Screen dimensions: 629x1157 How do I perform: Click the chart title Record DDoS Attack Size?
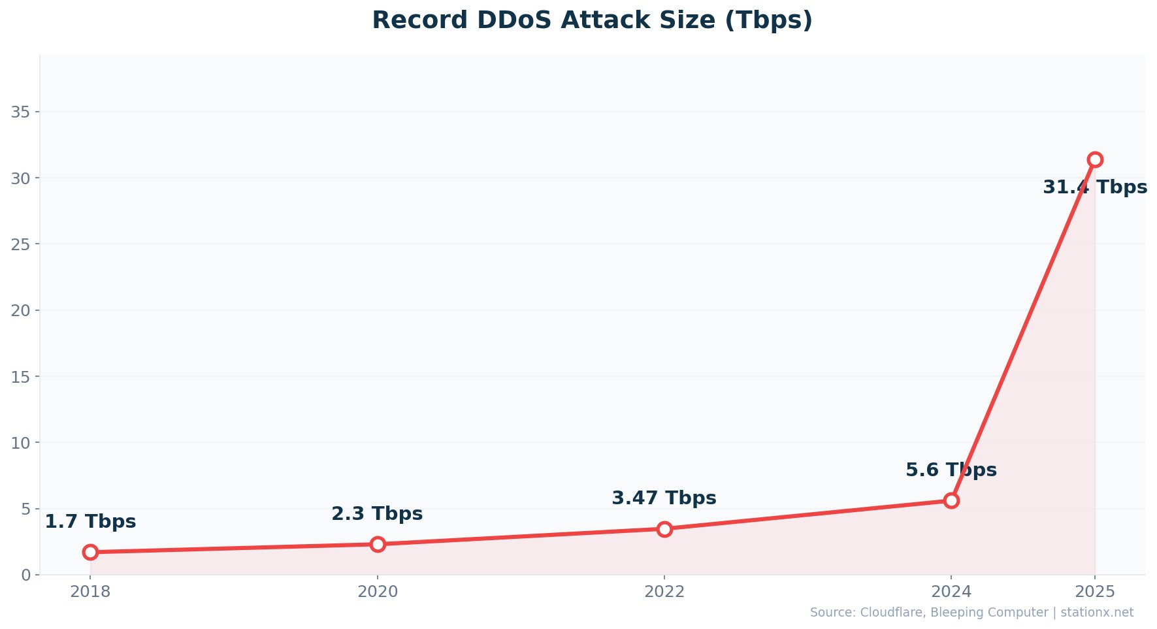click(592, 20)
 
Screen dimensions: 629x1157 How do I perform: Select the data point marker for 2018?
click(90, 552)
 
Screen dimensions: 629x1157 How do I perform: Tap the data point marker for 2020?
click(378, 544)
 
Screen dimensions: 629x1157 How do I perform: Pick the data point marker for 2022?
click(664, 529)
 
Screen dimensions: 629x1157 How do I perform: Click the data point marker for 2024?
click(951, 500)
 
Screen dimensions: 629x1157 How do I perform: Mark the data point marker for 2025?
click(1095, 159)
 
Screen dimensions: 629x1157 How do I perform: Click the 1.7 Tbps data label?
click(90, 522)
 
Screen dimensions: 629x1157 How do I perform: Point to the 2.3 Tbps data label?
click(377, 514)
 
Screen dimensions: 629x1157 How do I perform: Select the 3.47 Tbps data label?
click(664, 498)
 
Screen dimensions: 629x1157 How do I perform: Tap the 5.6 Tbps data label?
click(951, 470)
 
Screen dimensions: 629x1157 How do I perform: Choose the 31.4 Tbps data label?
click(1095, 187)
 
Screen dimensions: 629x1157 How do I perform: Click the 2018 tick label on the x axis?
click(90, 592)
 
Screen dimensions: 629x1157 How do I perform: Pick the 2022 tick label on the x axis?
click(664, 592)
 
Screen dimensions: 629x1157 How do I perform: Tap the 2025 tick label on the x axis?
click(1095, 592)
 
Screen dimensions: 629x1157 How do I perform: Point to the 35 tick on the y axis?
click(21, 112)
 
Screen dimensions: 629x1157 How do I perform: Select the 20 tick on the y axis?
click(21, 310)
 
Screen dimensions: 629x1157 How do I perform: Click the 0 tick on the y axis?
click(26, 575)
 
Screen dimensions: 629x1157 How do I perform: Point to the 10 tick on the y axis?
click(21, 443)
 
